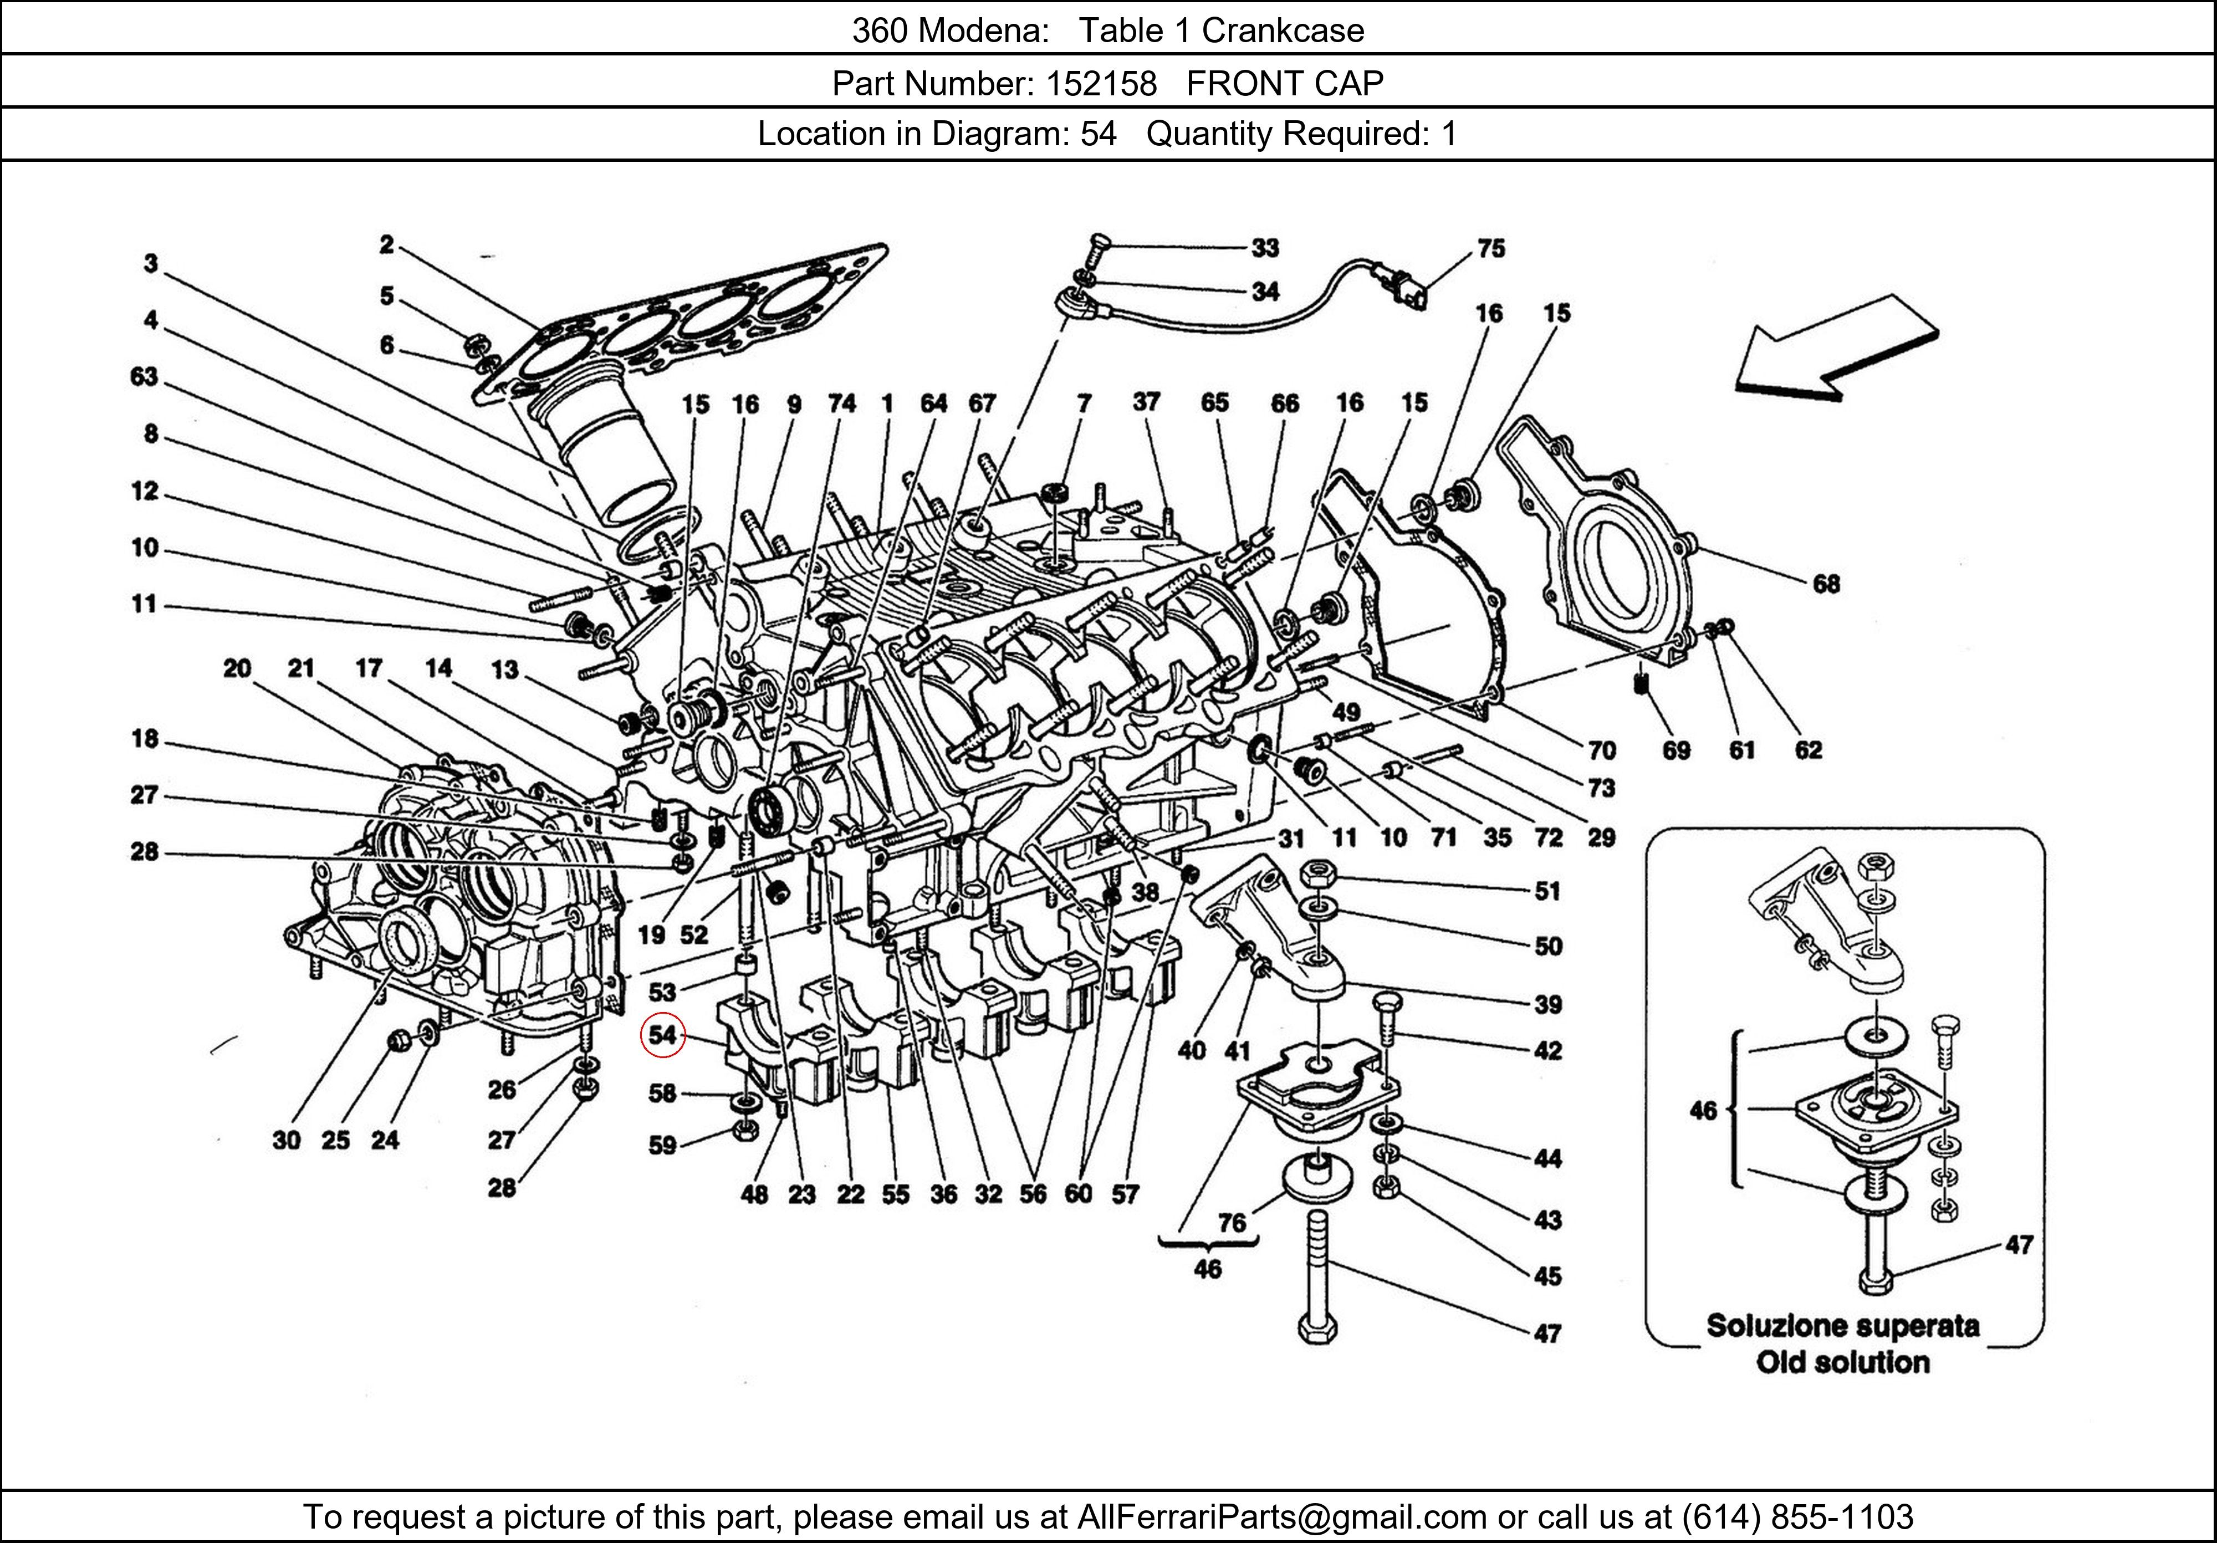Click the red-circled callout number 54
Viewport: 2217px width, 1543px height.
(x=662, y=1035)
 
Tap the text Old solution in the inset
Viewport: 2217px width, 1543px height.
(x=1842, y=1362)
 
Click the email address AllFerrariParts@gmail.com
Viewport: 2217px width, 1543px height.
(x=1281, y=1517)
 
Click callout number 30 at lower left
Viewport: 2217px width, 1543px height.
(x=287, y=1141)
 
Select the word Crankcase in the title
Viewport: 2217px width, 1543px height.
(x=1283, y=31)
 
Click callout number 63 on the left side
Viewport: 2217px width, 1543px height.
(x=144, y=376)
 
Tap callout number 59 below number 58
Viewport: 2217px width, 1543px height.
(x=662, y=1145)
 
